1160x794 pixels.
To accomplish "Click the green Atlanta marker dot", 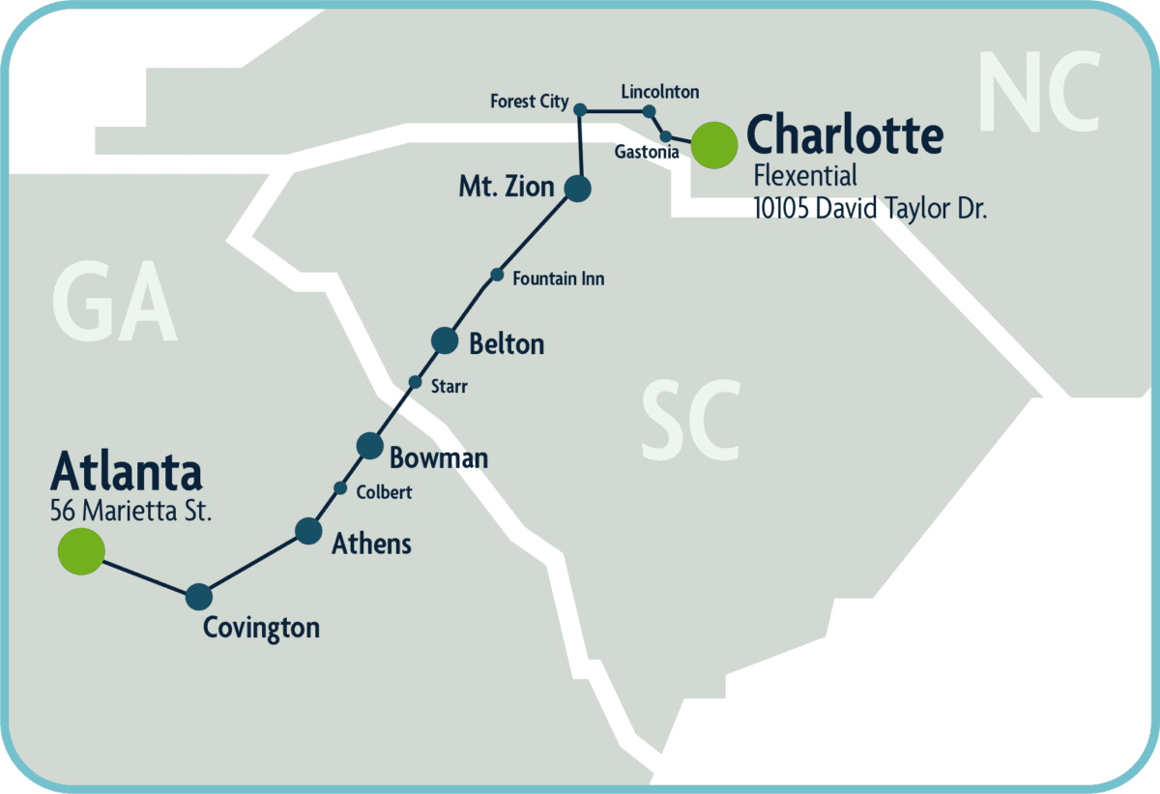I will point(81,551).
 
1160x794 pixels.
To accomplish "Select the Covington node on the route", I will point(198,597).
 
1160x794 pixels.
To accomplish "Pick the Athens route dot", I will point(308,530).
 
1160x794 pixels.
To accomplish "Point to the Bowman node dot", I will point(370,445).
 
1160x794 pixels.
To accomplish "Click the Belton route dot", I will point(444,339).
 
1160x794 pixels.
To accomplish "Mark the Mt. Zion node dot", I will point(577,188).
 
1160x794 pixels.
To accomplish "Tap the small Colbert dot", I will point(340,487).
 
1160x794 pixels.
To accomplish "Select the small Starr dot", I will point(415,382).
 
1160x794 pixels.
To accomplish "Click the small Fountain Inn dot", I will point(497,275).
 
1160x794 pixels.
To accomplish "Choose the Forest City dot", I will point(580,110).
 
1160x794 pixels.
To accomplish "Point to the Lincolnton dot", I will point(649,111).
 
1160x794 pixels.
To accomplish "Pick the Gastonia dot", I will point(665,135).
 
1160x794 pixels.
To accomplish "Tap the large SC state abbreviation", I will point(691,421).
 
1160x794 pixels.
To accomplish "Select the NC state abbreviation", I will point(1039,94).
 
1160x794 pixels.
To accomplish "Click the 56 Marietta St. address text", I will point(130,511).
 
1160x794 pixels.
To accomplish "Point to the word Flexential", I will point(805,176).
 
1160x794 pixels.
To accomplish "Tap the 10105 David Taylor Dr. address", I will point(870,208).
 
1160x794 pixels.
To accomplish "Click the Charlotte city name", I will point(845,135).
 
